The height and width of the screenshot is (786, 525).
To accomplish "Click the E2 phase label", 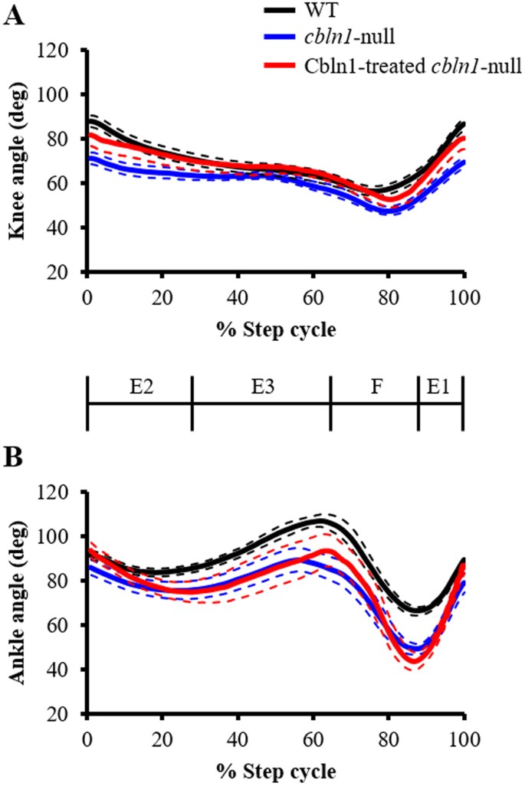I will (139, 388).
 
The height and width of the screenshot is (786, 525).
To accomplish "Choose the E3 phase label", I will (261, 388).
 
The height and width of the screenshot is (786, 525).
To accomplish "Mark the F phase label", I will (375, 388).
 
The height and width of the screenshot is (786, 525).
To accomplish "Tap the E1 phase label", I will (441, 388).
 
